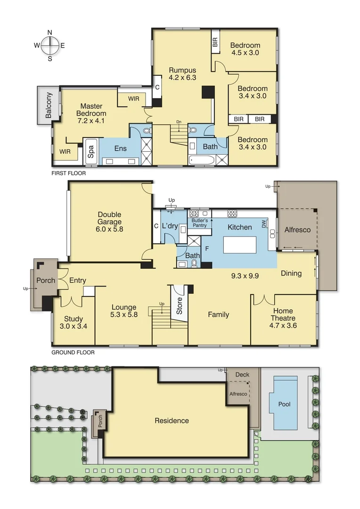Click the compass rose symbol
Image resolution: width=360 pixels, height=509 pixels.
pyautogui.click(x=49, y=46)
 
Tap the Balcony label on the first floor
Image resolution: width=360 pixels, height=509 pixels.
pyautogui.click(x=49, y=106)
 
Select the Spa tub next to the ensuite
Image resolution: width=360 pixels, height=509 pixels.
pyautogui.click(x=90, y=152)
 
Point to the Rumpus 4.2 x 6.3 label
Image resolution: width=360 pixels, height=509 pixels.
pyautogui.click(x=182, y=74)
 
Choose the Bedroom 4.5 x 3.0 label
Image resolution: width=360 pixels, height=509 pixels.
pyautogui.click(x=245, y=49)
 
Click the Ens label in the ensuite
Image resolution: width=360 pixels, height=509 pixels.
pyautogui.click(x=120, y=148)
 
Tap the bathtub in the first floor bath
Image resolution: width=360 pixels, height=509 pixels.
pyautogui.click(x=202, y=161)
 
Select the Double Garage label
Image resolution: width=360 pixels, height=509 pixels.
pyautogui.click(x=110, y=222)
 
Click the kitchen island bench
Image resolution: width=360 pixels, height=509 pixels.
pyautogui.click(x=239, y=246)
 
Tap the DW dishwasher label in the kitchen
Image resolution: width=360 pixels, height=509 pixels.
pyautogui.click(x=264, y=223)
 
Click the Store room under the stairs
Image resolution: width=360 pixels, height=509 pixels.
pyautogui.click(x=179, y=305)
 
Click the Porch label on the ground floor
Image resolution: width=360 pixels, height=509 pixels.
pyautogui.click(x=46, y=280)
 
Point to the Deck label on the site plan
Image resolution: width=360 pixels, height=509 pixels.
pyautogui.click(x=242, y=375)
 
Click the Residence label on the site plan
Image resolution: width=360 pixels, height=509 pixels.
pyautogui.click(x=172, y=421)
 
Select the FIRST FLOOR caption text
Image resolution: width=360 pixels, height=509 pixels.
pyautogui.click(x=69, y=173)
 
